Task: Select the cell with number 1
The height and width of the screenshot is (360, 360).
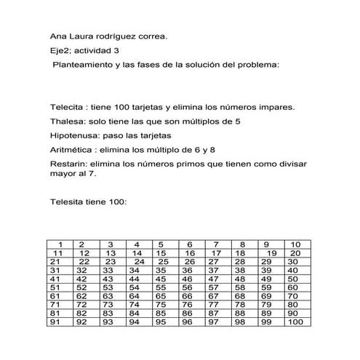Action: pyautogui.click(x=62, y=244)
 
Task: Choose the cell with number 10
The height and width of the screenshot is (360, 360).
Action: pyautogui.click(x=295, y=244)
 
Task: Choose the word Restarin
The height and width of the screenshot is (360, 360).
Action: pyautogui.click(x=68, y=164)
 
